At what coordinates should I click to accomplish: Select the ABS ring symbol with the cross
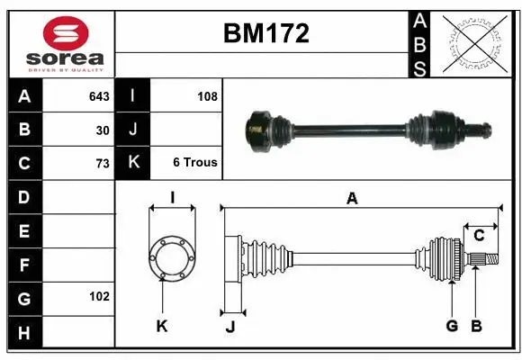[x=474, y=44]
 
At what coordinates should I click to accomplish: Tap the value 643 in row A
[x=99, y=95]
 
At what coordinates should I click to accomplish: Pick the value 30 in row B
[x=103, y=130]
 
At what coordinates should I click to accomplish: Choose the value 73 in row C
[x=103, y=163]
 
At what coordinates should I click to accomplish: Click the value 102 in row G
[x=99, y=296]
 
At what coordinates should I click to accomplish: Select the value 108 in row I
[x=207, y=95]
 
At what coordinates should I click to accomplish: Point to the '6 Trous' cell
[x=195, y=163]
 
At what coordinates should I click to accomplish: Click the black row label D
[x=23, y=196]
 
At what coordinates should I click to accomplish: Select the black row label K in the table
[x=132, y=163]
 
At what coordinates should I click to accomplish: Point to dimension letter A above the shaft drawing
[x=352, y=199]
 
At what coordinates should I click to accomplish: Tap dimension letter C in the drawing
[x=479, y=236]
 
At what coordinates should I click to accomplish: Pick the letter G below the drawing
[x=452, y=326]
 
